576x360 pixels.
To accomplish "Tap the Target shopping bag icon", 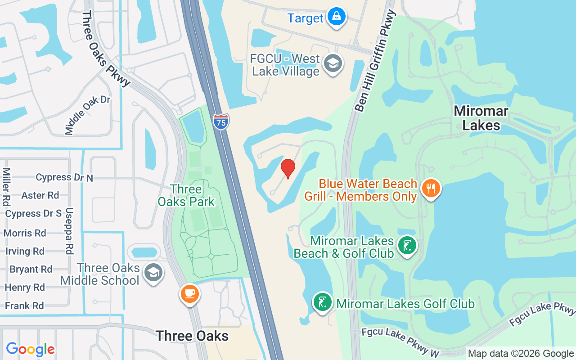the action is (336, 17).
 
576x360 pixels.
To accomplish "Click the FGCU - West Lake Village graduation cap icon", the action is (333, 64).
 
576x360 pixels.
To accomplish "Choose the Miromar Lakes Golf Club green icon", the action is (323, 302).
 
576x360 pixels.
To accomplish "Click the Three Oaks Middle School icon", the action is (153, 273).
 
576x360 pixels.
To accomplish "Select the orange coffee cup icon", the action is (189, 294).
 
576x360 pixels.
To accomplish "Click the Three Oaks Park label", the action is (186, 195).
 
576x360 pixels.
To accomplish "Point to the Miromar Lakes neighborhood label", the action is (481, 118).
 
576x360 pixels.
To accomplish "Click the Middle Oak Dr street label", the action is (87, 115).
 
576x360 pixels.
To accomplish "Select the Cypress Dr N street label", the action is (64, 177).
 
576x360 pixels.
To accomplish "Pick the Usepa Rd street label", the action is (69, 231).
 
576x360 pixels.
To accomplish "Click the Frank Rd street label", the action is (24, 306).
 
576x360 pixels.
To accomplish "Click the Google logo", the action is (30, 349).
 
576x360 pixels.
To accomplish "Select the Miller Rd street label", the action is (6, 187).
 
